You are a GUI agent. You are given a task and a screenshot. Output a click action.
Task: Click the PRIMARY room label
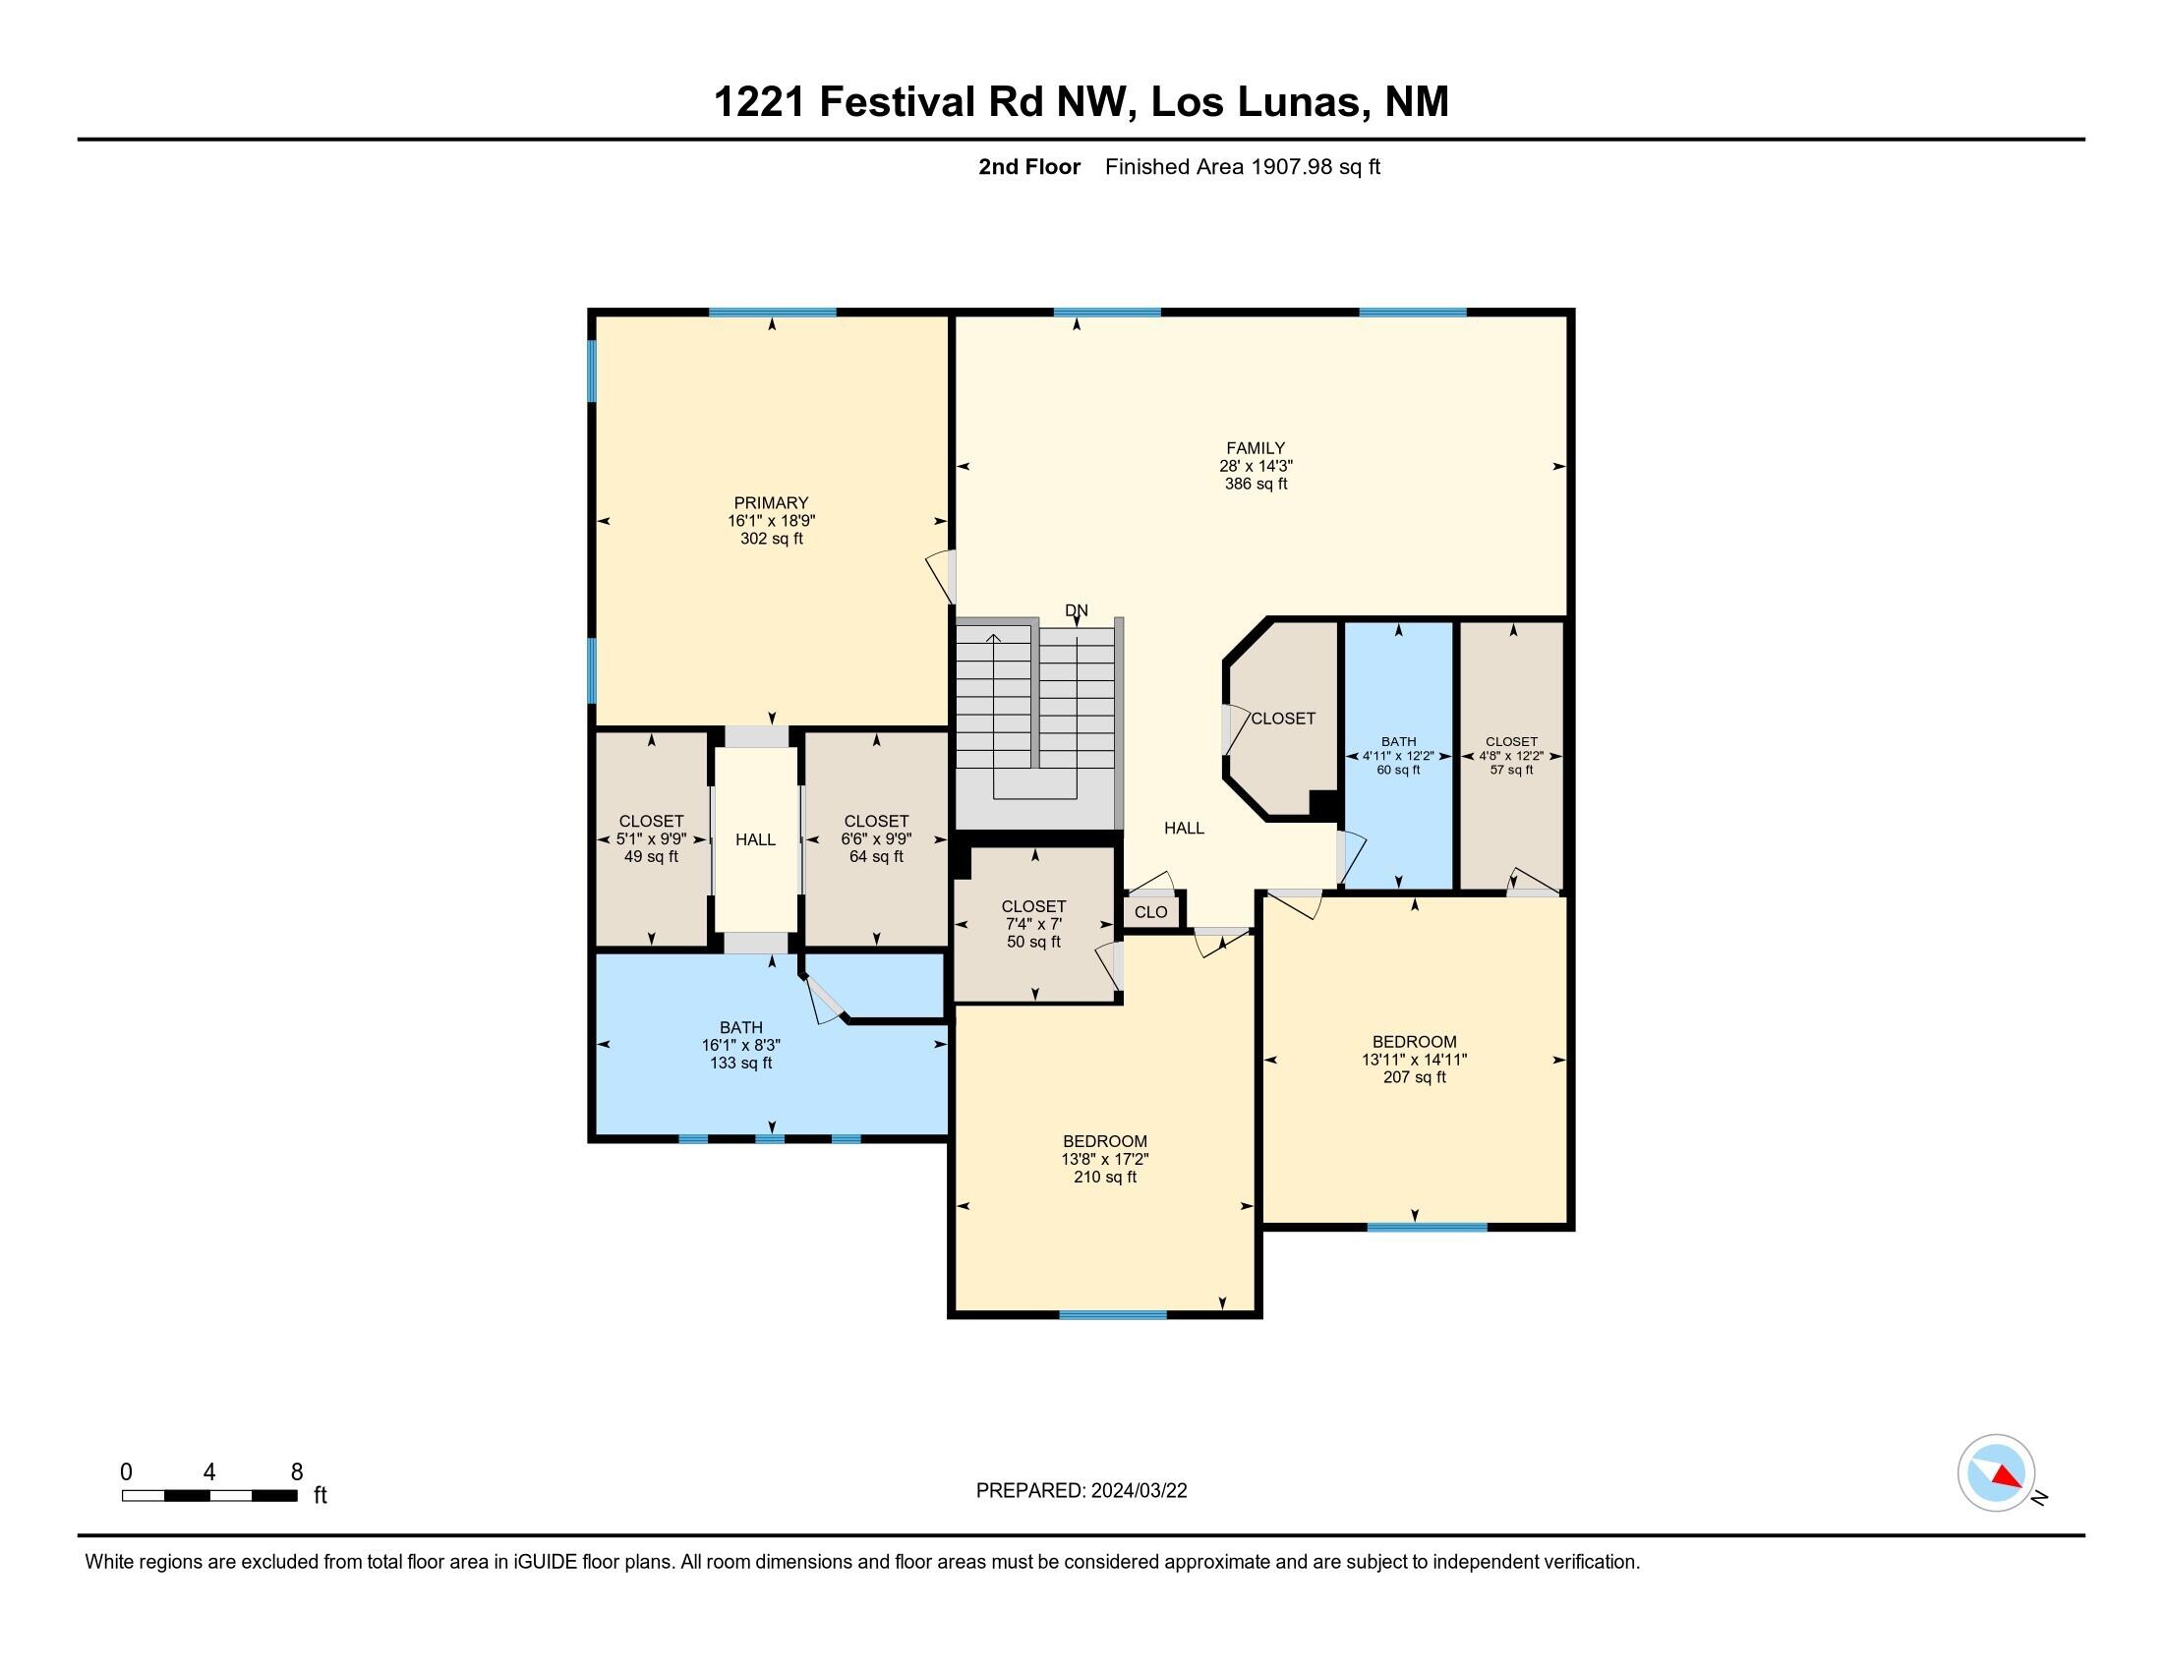(x=771, y=503)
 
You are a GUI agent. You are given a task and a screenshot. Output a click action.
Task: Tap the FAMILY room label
(x=1255, y=448)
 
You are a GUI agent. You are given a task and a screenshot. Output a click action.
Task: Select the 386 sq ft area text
(x=1255, y=484)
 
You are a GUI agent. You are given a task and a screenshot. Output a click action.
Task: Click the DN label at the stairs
(x=1076, y=610)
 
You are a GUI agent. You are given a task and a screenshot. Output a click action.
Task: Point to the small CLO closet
(x=1150, y=912)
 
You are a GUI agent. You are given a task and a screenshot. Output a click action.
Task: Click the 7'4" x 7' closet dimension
(x=1033, y=924)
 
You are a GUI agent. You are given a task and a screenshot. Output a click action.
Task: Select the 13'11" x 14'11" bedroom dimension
(x=1413, y=1060)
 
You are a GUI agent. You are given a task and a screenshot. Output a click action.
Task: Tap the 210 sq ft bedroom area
(x=1104, y=1177)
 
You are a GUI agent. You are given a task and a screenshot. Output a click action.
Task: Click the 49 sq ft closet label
(x=651, y=856)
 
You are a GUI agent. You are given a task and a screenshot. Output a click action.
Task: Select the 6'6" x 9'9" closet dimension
(x=875, y=838)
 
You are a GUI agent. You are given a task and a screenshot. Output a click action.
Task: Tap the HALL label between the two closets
(x=755, y=839)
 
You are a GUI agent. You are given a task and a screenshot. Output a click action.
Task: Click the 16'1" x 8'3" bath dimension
(x=740, y=1046)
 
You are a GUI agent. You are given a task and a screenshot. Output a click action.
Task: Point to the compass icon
(x=1996, y=1473)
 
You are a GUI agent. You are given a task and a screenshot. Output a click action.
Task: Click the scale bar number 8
(x=296, y=1472)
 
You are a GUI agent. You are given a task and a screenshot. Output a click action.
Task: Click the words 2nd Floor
(x=1028, y=167)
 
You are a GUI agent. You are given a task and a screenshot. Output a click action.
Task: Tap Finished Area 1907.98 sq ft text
(x=1242, y=167)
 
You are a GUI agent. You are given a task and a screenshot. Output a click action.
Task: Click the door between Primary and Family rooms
(x=943, y=577)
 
